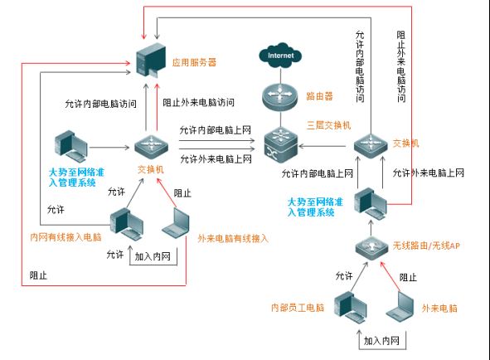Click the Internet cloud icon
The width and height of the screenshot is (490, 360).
280,56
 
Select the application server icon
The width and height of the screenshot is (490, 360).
151,60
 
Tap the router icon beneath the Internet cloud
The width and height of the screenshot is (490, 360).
280,96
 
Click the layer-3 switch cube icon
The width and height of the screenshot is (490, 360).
280,144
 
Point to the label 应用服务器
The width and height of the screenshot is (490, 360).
194,62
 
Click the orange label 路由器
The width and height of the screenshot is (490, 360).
319,96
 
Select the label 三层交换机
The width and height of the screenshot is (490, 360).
329,125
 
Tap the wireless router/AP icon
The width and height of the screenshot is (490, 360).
371,248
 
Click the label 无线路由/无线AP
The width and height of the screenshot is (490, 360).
426,246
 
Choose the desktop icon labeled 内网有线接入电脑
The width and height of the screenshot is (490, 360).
127,224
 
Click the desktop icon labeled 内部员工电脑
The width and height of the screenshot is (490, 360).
351,307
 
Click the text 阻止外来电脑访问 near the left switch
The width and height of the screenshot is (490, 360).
198,102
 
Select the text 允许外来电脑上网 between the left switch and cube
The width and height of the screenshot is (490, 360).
216,159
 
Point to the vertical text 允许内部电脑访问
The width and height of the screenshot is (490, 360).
360,66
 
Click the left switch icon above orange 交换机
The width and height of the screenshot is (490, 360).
151,147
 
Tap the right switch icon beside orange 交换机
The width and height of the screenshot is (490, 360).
371,146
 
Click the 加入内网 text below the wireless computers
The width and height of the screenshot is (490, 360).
381,341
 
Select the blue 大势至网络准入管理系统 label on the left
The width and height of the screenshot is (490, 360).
76,178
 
